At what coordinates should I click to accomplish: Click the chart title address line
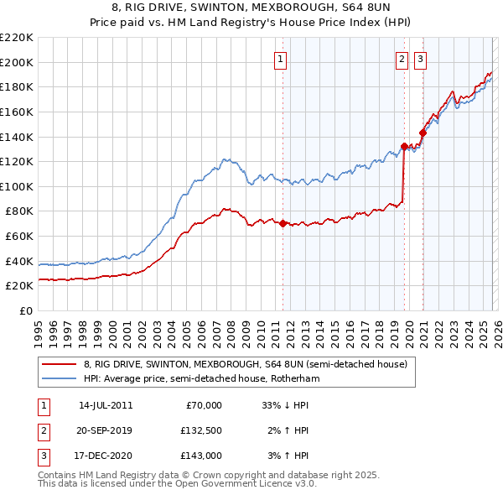coord(251,8)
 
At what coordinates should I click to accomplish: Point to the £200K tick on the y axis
coord(17,62)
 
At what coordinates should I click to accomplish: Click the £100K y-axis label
coord(17,186)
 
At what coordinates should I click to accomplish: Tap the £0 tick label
coord(26,310)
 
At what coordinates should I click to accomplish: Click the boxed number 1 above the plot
coord(279,59)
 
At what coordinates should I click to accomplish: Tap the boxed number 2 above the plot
coord(402,59)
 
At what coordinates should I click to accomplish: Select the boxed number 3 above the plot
coord(420,59)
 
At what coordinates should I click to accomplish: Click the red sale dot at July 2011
coord(283,223)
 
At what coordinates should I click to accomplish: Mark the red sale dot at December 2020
coord(423,133)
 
